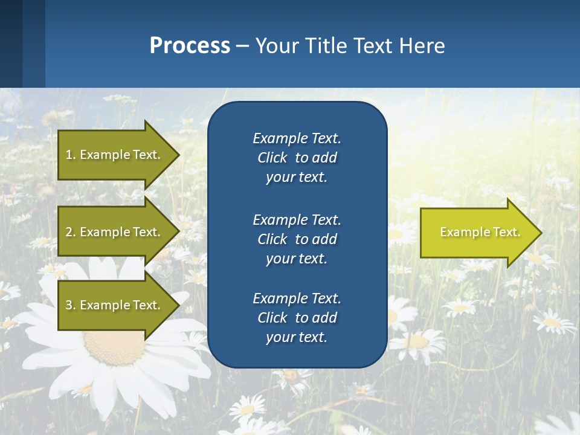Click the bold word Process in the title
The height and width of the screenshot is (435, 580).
click(190, 46)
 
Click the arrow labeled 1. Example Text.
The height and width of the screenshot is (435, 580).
click(115, 155)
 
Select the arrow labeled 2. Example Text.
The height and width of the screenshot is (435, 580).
click(115, 232)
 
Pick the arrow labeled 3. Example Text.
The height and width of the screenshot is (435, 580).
click(115, 305)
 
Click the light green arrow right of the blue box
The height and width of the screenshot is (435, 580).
click(477, 233)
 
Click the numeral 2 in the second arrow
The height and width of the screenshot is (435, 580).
click(69, 232)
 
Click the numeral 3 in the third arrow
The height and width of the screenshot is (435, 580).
click(69, 305)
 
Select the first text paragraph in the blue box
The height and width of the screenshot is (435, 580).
click(297, 158)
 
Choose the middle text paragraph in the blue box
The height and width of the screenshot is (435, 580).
click(297, 239)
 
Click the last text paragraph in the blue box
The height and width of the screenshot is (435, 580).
click(297, 318)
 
